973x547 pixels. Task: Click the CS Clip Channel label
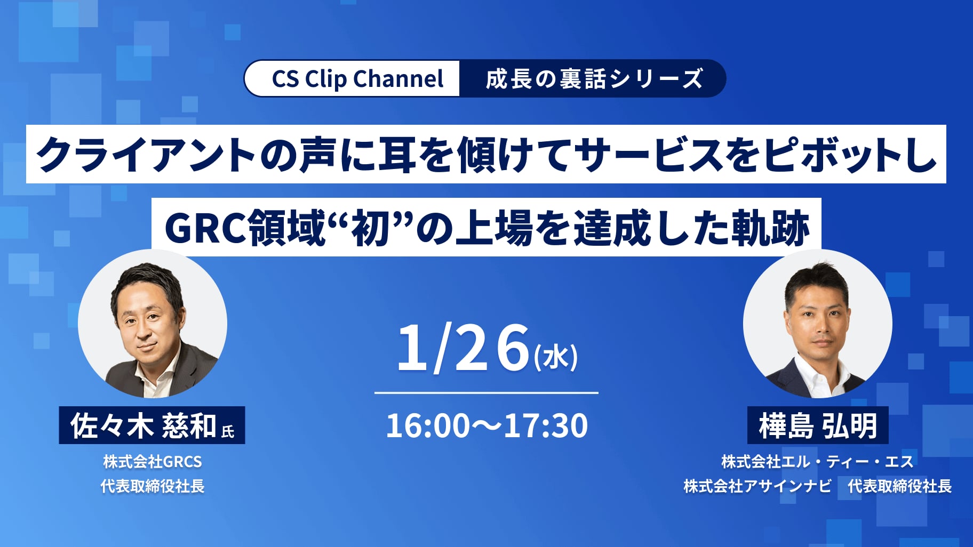(x=357, y=79)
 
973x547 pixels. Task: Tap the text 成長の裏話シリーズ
(x=594, y=79)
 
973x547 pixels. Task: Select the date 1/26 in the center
(x=463, y=348)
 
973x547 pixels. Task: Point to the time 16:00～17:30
(x=486, y=425)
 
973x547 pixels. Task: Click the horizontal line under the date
(x=486, y=393)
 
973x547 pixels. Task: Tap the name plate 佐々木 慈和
(x=152, y=425)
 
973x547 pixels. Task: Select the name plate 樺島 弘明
(x=818, y=425)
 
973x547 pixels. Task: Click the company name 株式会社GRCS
(x=153, y=462)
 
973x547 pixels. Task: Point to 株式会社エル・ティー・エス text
(x=817, y=462)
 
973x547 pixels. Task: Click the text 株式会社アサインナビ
(x=757, y=486)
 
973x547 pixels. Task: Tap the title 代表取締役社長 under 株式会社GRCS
(x=153, y=486)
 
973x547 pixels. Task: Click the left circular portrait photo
(x=153, y=324)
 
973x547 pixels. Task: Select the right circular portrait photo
(x=818, y=324)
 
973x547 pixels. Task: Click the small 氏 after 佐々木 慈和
(x=228, y=431)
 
